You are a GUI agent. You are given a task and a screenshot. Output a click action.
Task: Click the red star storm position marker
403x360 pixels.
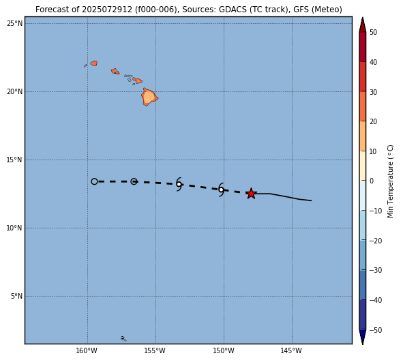[x=251, y=194]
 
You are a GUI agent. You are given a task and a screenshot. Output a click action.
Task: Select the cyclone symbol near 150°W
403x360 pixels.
[x=221, y=190]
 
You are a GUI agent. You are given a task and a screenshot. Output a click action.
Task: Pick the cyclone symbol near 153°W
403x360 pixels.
[x=179, y=184]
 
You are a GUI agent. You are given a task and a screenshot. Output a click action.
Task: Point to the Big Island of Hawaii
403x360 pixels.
[x=149, y=97]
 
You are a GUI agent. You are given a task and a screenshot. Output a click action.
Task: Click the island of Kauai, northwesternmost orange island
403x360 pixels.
[x=94, y=63]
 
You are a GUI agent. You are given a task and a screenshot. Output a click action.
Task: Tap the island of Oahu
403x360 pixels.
[x=115, y=71]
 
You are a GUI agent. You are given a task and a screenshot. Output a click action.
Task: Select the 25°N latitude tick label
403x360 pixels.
[x=14, y=24]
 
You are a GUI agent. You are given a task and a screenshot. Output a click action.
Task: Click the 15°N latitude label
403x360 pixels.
[x=14, y=160]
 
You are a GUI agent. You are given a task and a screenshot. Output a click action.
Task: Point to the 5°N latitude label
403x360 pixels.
[x=16, y=297]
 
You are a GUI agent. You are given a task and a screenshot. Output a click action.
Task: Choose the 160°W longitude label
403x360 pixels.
[x=87, y=350]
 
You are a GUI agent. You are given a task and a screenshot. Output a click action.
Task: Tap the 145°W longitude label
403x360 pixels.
[x=291, y=350]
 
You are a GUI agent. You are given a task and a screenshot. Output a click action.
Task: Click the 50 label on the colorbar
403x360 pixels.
[x=374, y=32]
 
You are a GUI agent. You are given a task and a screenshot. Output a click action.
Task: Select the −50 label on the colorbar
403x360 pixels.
[x=376, y=330]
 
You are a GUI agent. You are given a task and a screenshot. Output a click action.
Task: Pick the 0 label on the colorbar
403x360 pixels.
[x=372, y=181]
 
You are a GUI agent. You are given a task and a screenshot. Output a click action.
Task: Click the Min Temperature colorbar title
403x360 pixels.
[x=390, y=181]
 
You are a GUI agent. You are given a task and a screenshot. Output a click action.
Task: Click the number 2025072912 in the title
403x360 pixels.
[x=107, y=10]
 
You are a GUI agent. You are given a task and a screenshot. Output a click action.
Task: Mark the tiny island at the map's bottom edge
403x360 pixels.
[x=123, y=339]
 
